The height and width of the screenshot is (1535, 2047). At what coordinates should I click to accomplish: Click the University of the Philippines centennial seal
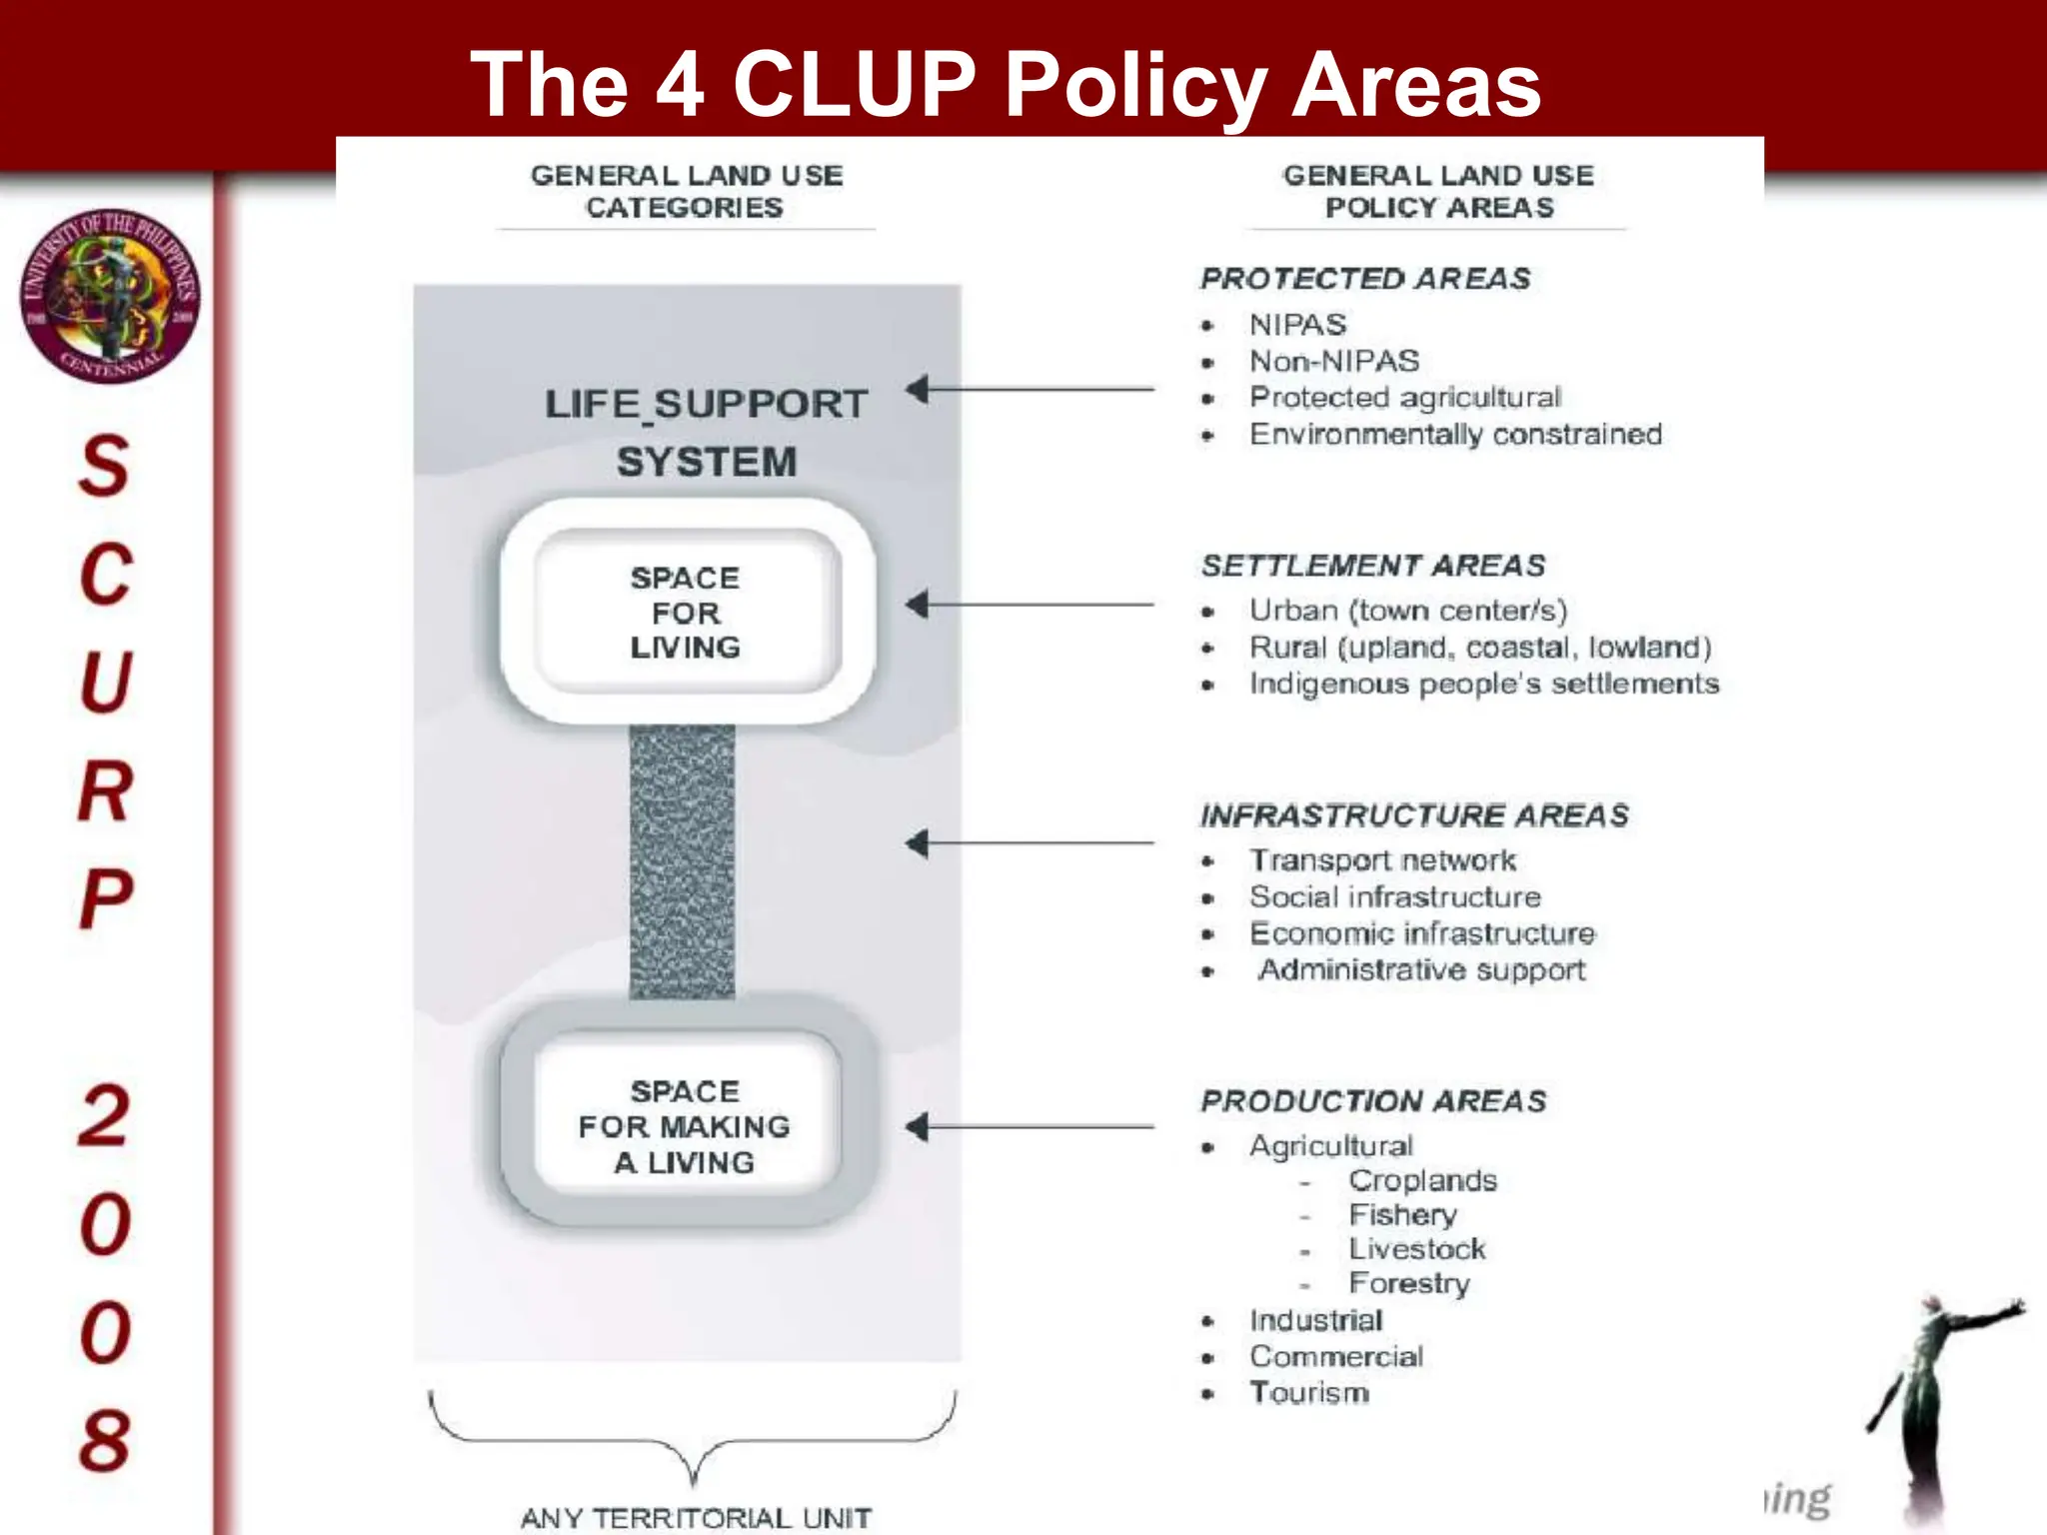coord(110,296)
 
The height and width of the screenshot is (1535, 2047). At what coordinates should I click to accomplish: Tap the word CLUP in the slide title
coord(855,84)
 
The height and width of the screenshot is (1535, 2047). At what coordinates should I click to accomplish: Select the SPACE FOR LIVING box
coord(687,612)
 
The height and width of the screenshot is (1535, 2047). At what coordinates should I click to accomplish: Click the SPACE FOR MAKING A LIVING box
coord(687,1126)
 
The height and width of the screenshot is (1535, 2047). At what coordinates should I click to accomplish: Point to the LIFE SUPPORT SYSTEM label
coord(706,433)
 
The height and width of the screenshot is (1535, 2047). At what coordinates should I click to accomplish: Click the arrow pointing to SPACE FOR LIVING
coord(1029,605)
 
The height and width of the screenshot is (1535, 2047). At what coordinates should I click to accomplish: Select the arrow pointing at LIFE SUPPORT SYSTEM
coord(1029,389)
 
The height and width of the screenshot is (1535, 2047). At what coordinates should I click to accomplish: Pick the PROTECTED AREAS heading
coord(1365,279)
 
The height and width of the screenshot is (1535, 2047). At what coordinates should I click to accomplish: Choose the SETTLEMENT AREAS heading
coord(1373,566)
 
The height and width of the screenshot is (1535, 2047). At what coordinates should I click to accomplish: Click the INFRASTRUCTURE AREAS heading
coord(1414,815)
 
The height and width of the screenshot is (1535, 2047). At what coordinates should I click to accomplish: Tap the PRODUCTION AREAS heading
coord(1373,1101)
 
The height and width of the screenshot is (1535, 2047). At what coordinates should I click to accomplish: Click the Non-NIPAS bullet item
coord(1334,361)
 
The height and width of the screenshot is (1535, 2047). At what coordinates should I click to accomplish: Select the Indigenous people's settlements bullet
coord(1484,684)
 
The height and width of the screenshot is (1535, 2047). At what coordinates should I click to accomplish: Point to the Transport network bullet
coord(1382,860)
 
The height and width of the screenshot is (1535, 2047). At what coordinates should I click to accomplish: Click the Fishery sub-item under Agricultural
coord(1402,1215)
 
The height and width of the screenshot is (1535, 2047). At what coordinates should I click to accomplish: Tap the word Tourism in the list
coord(1309,1393)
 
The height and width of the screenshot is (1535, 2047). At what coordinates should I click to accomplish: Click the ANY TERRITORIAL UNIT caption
coord(696,1518)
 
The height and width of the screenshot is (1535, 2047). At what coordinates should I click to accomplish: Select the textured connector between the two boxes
coord(682,861)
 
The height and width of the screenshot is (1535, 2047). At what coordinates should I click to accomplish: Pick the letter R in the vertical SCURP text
coord(105,790)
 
